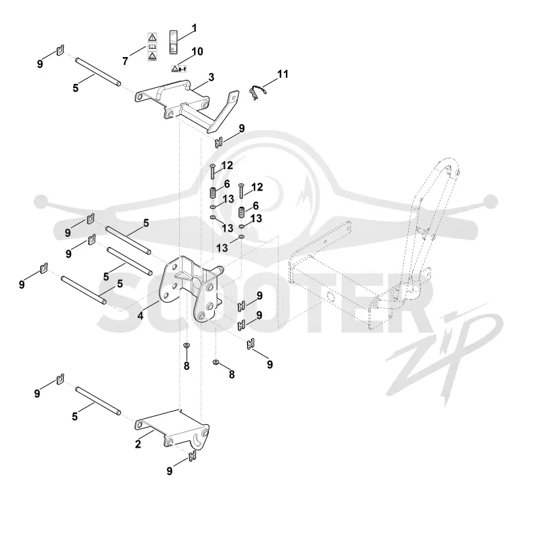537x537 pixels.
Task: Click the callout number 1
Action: click(x=194, y=28)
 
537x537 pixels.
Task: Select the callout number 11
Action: click(x=283, y=74)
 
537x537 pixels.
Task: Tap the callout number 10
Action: click(x=197, y=52)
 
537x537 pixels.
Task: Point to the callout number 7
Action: click(x=126, y=61)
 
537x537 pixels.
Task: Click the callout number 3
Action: click(x=211, y=77)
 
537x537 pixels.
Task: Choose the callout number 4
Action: click(x=140, y=315)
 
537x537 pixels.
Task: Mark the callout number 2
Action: click(x=138, y=444)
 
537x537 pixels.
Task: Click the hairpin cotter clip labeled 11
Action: click(x=257, y=92)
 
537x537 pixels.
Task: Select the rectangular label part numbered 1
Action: click(x=174, y=42)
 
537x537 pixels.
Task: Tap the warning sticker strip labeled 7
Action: click(x=152, y=46)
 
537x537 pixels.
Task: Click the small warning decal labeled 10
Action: click(x=179, y=69)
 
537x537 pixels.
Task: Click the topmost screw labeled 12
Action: click(x=212, y=171)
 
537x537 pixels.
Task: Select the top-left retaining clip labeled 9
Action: click(x=60, y=50)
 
